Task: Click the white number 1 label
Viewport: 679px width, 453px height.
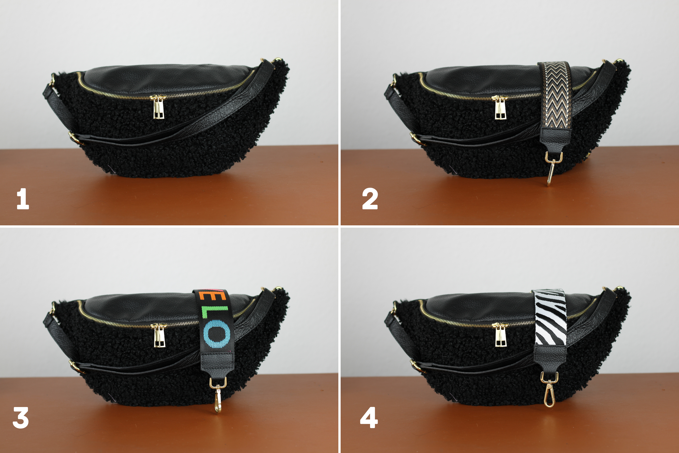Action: click(x=23, y=199)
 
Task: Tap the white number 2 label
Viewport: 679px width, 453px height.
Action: click(x=370, y=199)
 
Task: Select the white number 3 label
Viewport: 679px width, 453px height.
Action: click(x=21, y=417)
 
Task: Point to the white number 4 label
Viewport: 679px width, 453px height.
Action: click(x=369, y=417)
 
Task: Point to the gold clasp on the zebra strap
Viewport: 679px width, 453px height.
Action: click(x=549, y=389)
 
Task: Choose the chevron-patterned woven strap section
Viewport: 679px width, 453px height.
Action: click(x=554, y=95)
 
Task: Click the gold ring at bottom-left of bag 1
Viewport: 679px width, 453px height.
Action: click(x=73, y=138)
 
